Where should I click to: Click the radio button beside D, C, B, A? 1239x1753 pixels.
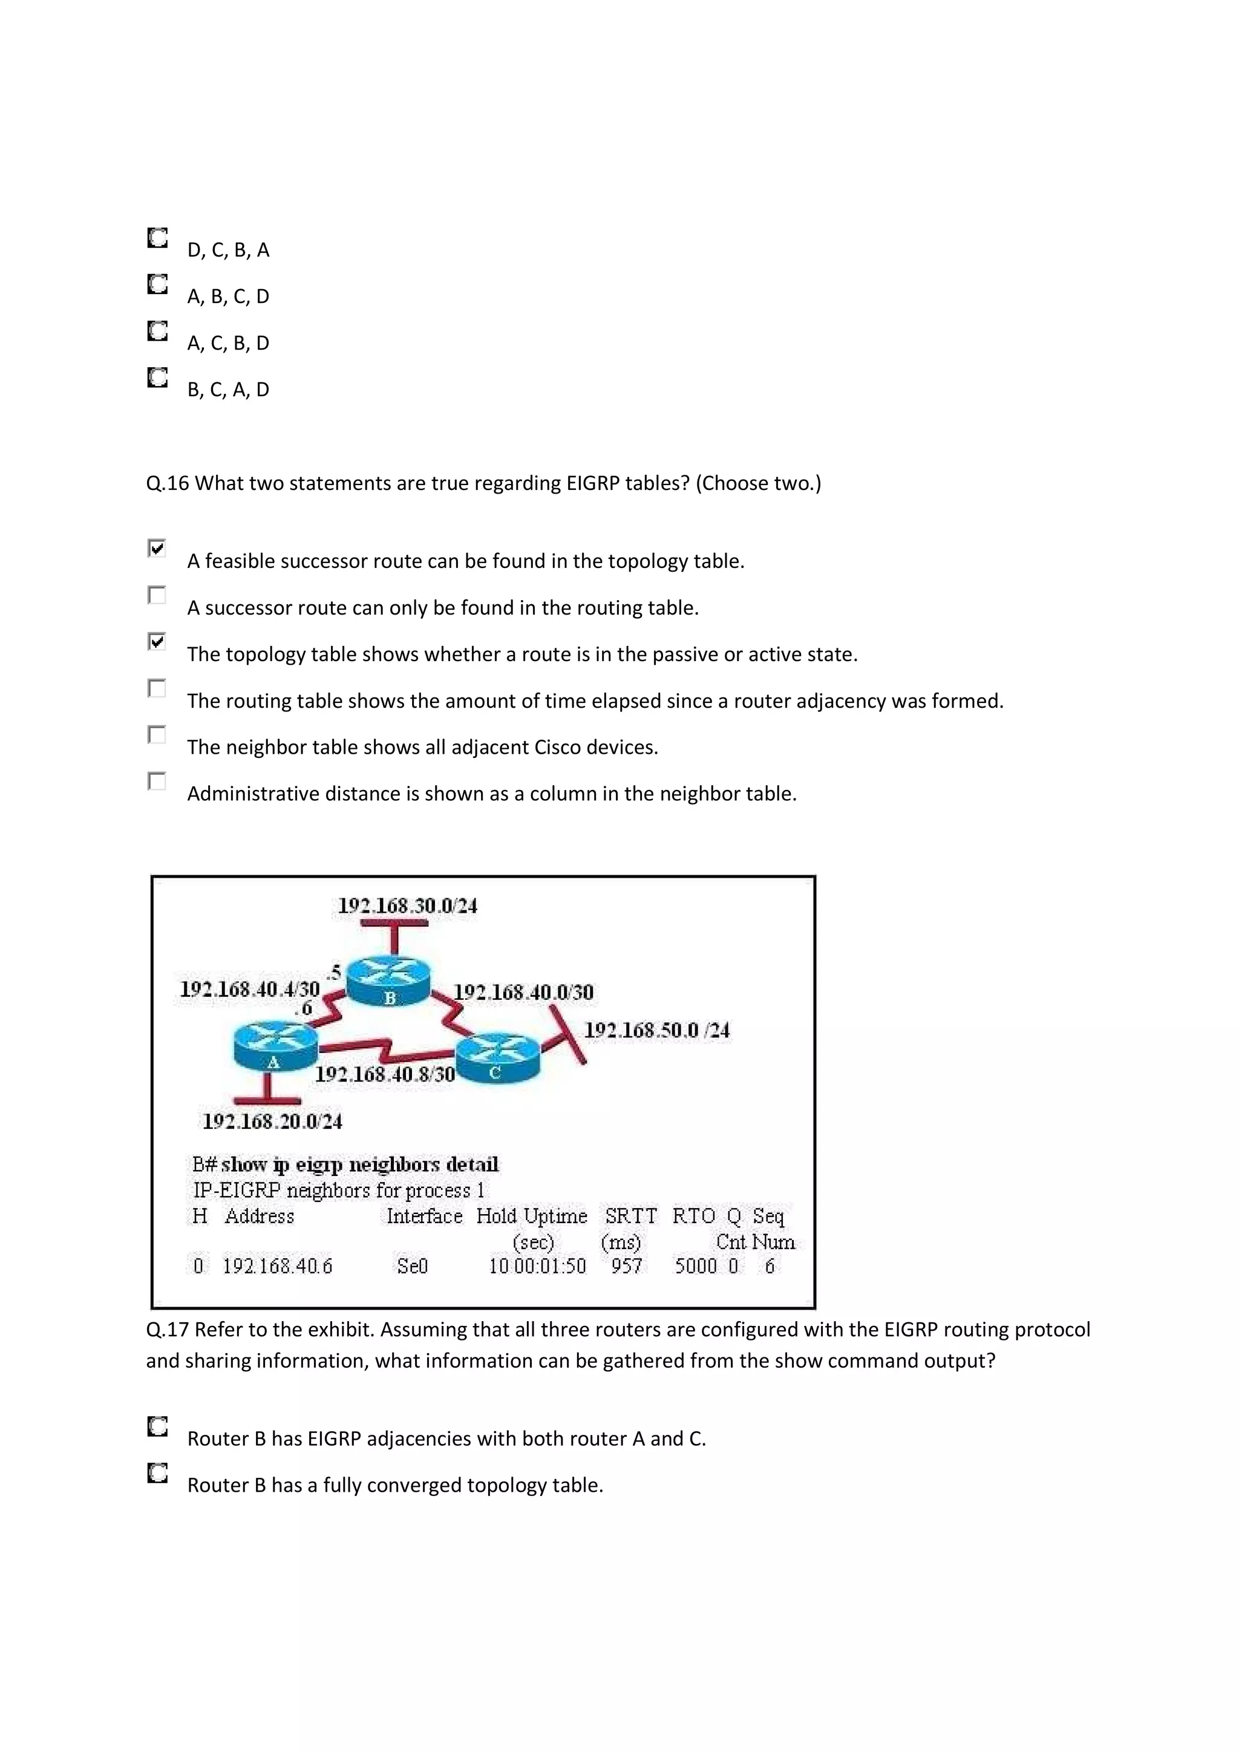click(x=157, y=238)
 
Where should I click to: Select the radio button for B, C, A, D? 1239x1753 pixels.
click(x=157, y=377)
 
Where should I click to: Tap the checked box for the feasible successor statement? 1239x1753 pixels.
click(x=157, y=548)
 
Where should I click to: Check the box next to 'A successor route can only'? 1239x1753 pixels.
click(x=157, y=595)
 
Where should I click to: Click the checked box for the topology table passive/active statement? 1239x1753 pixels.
click(x=157, y=641)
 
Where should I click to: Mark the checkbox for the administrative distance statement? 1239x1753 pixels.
click(x=157, y=781)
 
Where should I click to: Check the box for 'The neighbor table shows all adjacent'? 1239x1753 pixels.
click(x=157, y=734)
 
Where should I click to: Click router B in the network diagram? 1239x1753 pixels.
click(x=388, y=981)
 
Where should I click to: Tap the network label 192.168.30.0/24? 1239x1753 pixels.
click(x=407, y=906)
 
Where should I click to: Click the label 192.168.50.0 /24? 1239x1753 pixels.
click(x=656, y=1031)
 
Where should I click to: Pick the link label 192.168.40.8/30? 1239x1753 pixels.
click(x=385, y=1074)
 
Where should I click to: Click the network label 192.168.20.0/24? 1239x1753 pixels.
click(x=272, y=1121)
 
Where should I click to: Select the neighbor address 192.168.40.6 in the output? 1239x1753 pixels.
click(x=277, y=1266)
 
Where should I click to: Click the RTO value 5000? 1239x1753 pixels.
click(x=695, y=1266)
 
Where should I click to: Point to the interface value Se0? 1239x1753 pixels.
click(x=412, y=1266)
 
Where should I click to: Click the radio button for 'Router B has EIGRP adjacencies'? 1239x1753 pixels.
click(x=157, y=1426)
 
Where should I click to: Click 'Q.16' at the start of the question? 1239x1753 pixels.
click(x=167, y=483)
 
